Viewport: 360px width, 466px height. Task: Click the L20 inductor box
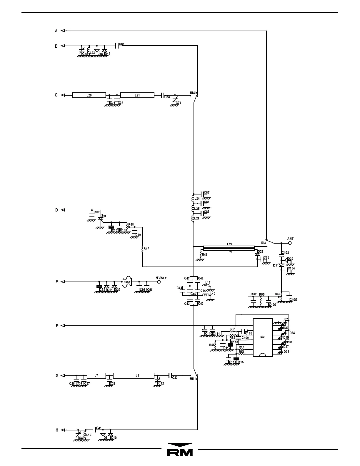click(89, 95)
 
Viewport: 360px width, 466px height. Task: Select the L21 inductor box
click(137, 95)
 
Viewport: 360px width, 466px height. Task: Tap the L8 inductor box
click(134, 376)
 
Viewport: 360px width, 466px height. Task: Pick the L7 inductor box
click(96, 376)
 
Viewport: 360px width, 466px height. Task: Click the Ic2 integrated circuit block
click(263, 337)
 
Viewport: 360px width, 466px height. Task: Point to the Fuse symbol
click(127, 282)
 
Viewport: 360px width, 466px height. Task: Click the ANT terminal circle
click(290, 243)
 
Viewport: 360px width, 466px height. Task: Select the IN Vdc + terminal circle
click(159, 282)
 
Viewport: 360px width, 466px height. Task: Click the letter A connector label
click(56, 31)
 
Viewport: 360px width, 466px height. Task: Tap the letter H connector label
click(57, 430)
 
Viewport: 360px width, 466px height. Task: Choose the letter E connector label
click(57, 282)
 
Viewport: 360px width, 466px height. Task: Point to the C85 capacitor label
click(121, 44)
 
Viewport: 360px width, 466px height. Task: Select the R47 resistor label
click(146, 249)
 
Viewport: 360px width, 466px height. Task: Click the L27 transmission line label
click(230, 244)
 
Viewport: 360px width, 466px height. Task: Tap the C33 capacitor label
click(175, 378)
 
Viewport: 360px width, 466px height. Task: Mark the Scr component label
click(104, 216)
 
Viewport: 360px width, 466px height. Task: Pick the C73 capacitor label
click(167, 97)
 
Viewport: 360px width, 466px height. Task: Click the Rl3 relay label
click(264, 243)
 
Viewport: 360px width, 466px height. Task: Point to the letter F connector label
click(57, 326)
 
